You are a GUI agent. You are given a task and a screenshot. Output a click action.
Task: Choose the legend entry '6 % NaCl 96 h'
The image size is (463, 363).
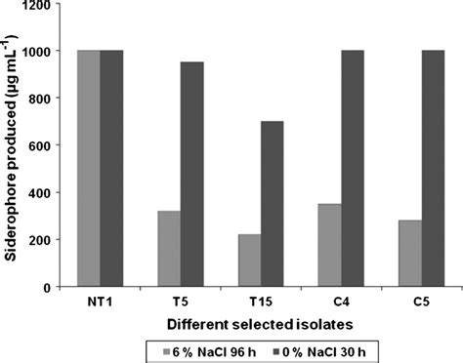click(212, 348)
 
